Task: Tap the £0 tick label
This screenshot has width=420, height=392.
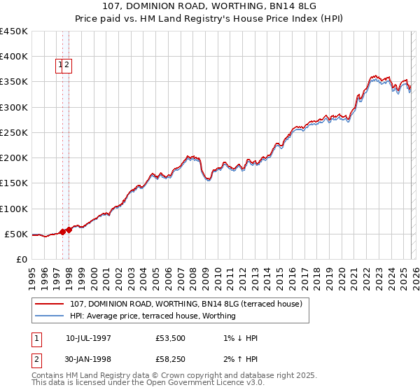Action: point(21,259)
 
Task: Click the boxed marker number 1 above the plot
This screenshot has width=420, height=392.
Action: point(61,66)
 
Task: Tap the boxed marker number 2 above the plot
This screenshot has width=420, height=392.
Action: point(67,66)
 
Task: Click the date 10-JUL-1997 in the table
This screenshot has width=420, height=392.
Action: point(89,338)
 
